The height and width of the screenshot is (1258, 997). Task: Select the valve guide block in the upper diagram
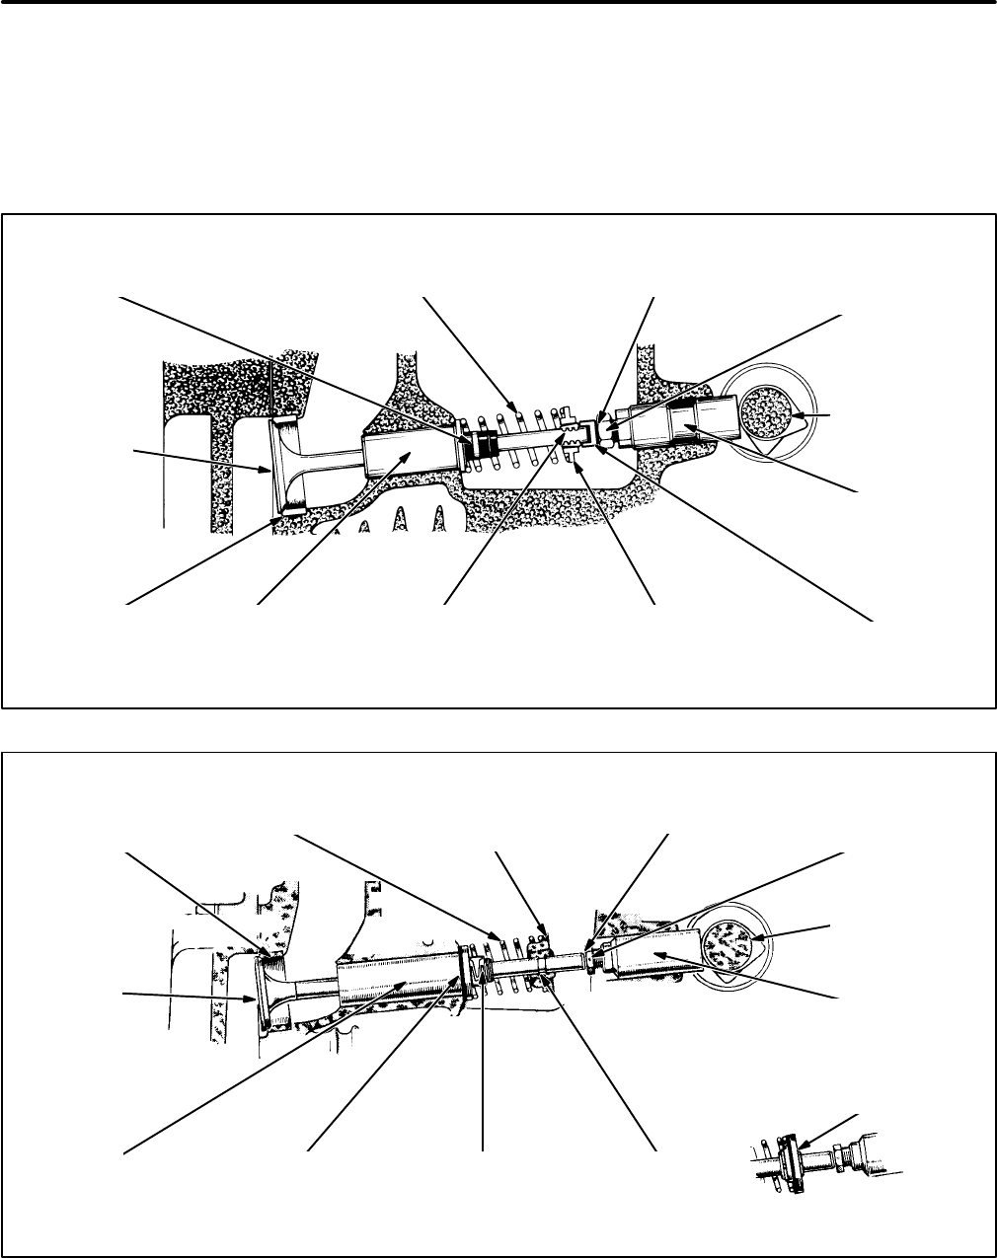(x=410, y=456)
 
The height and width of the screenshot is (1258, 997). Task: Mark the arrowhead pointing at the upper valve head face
(x=268, y=470)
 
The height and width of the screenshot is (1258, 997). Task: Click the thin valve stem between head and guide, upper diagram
(x=336, y=455)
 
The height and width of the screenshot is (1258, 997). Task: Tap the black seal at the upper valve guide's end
(x=485, y=443)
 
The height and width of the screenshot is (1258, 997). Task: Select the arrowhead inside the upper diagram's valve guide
(x=408, y=451)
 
